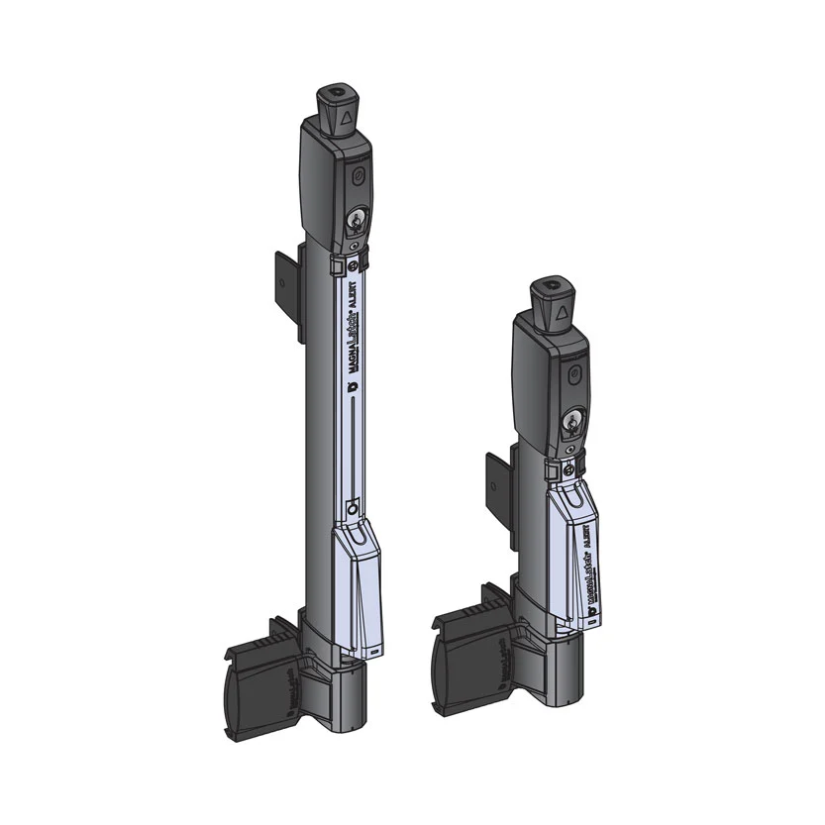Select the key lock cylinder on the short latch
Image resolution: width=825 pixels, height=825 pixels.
[570, 422]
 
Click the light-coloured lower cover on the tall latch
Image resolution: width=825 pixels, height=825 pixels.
[357, 594]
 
